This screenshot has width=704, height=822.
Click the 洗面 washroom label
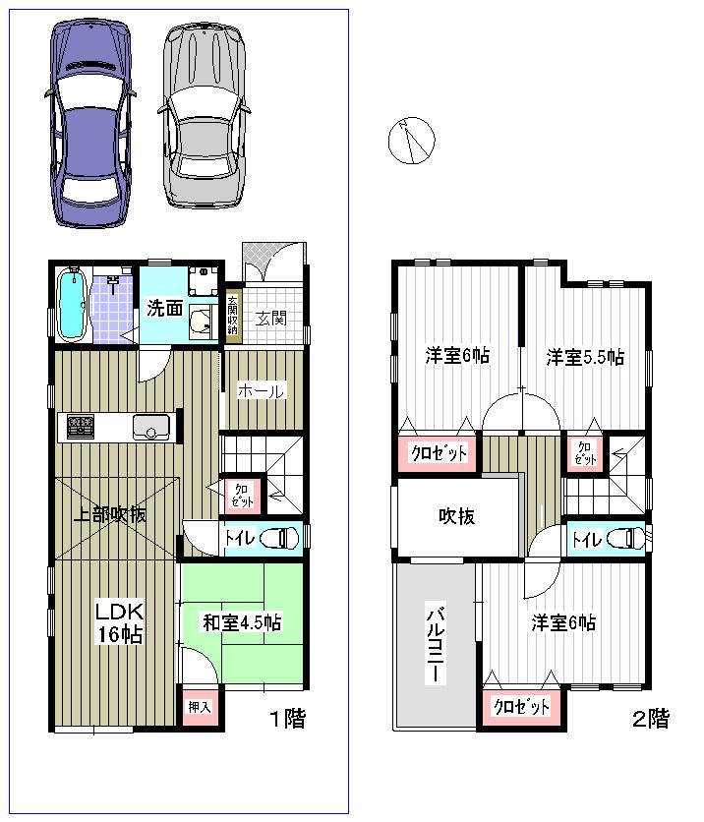[x=164, y=308]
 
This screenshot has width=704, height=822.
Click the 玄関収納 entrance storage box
[x=232, y=316]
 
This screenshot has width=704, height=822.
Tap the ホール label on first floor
[x=261, y=391]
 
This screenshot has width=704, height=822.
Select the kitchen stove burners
[x=80, y=427]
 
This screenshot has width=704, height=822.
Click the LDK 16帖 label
[x=118, y=623]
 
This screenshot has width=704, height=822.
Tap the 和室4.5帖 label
[x=242, y=621]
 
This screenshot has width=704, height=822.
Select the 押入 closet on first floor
[x=200, y=707]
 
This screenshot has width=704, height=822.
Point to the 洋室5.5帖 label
[x=585, y=357]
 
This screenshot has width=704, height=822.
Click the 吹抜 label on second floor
[x=457, y=516]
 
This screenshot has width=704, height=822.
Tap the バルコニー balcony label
[x=434, y=645]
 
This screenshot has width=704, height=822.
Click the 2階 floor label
[x=650, y=719]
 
